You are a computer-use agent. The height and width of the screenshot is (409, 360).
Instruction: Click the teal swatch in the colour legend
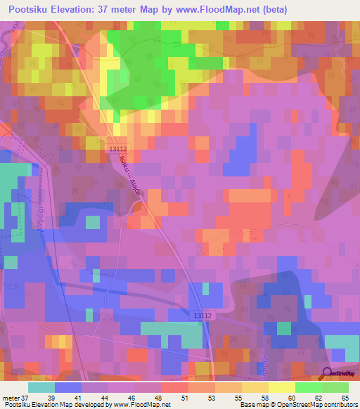click(x=41, y=387)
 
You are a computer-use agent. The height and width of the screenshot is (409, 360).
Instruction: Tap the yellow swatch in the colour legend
click(x=281, y=387)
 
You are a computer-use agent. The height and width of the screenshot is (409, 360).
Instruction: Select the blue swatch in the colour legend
click(x=68, y=387)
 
